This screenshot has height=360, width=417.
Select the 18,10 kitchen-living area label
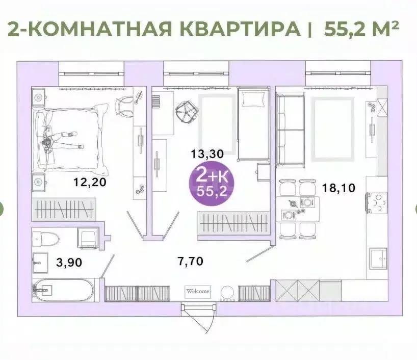tap(339, 187)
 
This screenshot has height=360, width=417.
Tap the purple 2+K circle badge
tap(209, 184)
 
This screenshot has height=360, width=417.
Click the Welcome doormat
tap(197, 291)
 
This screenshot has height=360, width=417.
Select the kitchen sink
tap(378, 259)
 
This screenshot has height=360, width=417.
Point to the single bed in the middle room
tap(254, 123)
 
